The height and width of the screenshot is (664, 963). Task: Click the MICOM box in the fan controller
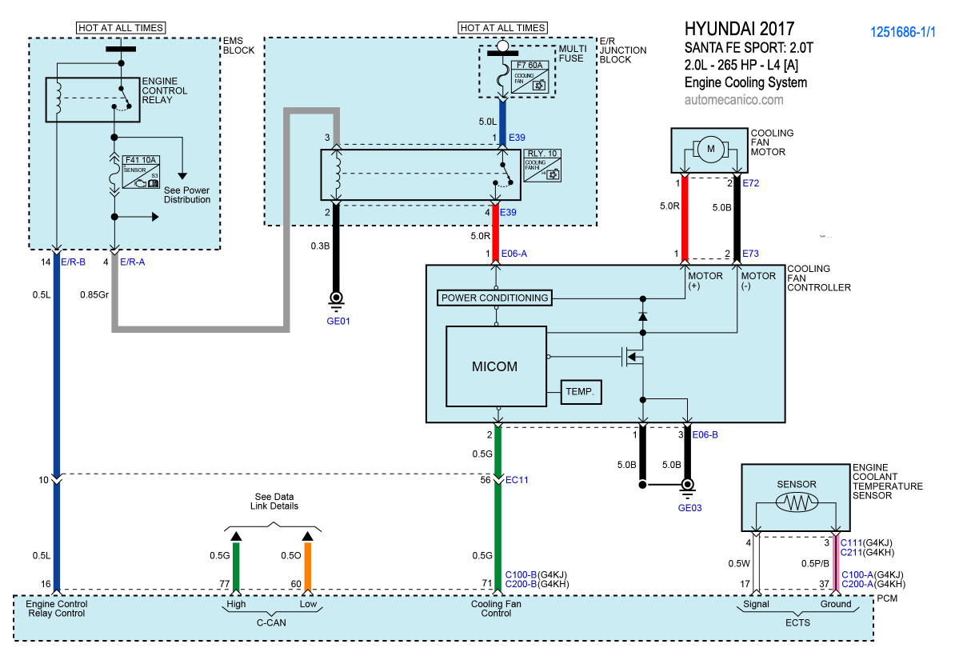pyautogui.click(x=496, y=367)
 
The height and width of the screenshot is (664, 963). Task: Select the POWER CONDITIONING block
pyautogui.click(x=496, y=298)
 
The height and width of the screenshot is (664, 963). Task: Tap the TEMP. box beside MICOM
pyautogui.click(x=581, y=392)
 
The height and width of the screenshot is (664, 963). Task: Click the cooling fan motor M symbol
pyautogui.click(x=709, y=148)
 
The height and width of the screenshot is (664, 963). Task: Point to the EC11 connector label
pyautogui.click(x=517, y=480)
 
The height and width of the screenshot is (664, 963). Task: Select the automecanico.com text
pyautogui.click(x=734, y=100)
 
